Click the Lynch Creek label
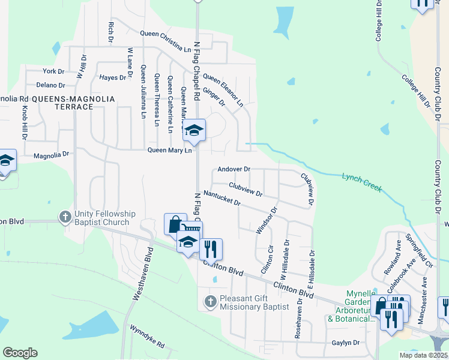pos(362,182)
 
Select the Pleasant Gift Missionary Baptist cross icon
pos(209,301)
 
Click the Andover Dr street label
pos(234,170)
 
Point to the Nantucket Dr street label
pos(221,198)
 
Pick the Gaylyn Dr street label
pos(345,343)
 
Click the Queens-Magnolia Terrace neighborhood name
pos(63,102)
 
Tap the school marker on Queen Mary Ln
pos(194,130)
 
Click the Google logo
pos(20,353)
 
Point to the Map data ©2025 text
pos(423,355)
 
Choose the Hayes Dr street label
pos(113,77)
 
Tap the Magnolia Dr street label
pos(52,154)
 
